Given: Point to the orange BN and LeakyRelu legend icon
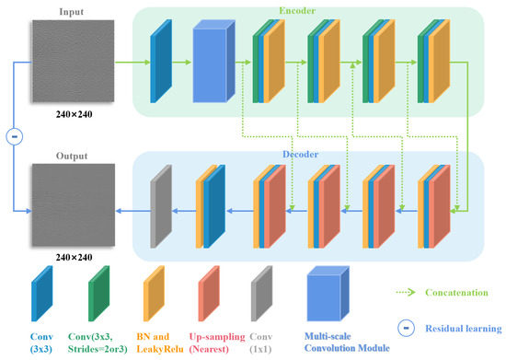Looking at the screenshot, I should coord(154,293).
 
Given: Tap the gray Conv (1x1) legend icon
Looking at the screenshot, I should coord(263,293).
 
